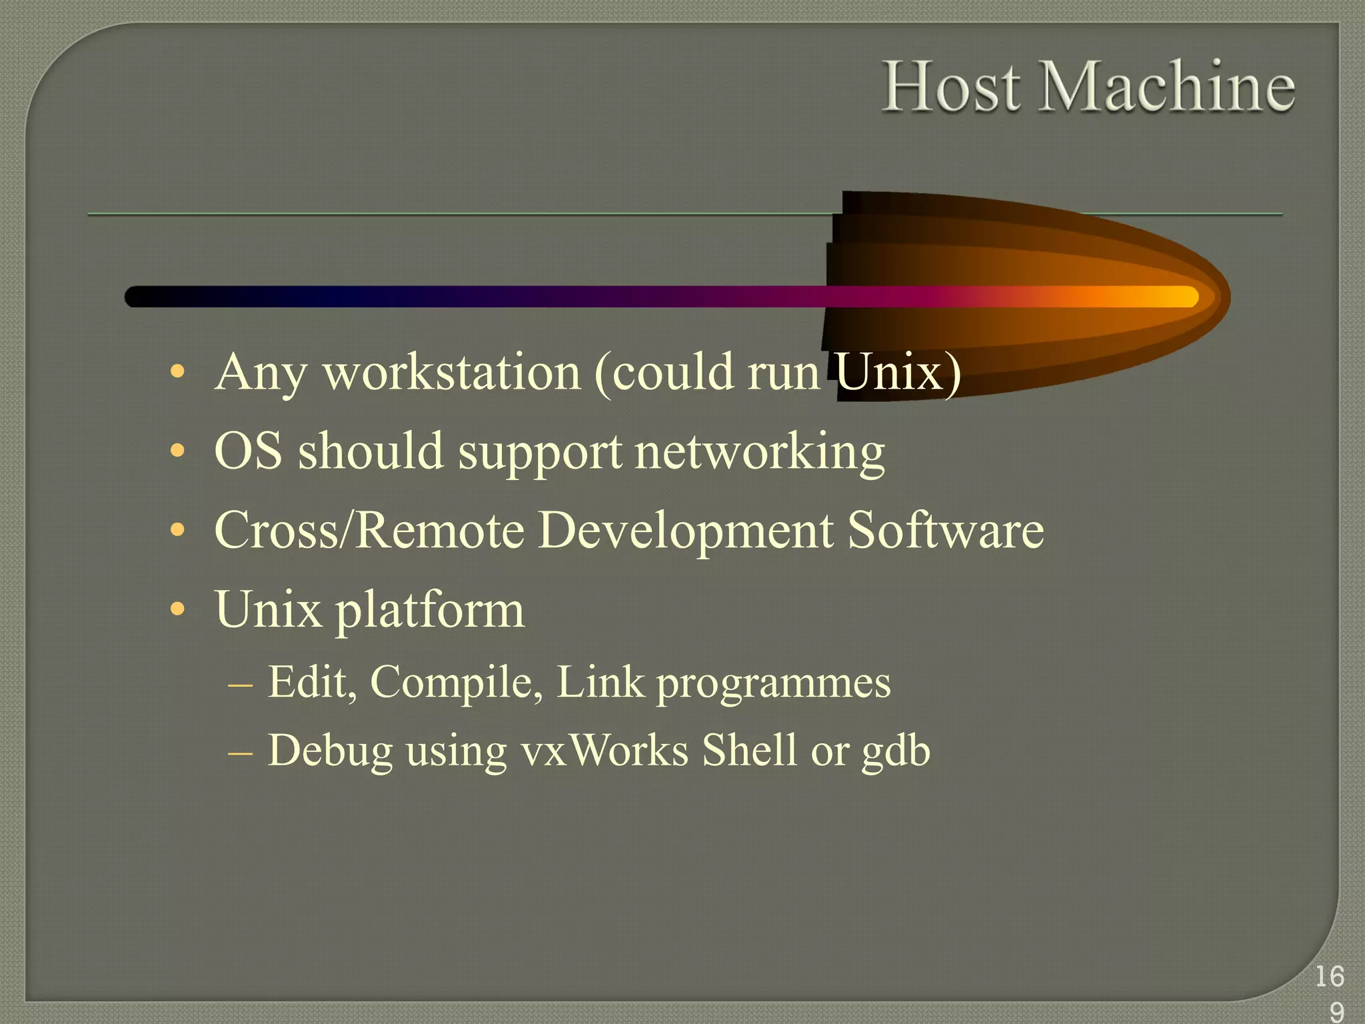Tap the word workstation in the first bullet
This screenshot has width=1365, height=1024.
click(452, 373)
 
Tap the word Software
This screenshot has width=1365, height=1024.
click(945, 531)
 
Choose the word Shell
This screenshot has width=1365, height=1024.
click(749, 750)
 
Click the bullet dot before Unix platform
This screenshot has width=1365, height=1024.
click(177, 609)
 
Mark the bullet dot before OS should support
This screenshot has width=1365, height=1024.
click(177, 451)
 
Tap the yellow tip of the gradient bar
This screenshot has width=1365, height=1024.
click(1180, 297)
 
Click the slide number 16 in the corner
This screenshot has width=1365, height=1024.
click(1329, 977)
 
